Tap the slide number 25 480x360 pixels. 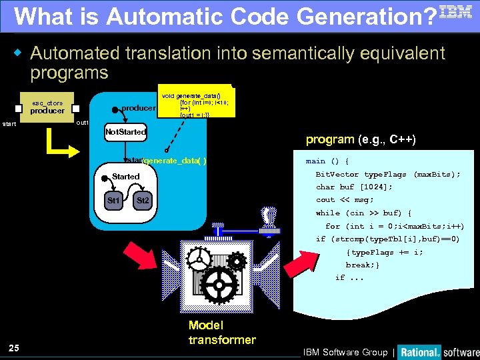[14, 347]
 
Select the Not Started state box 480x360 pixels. [125, 132]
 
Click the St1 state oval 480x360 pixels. [115, 200]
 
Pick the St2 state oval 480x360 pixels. [142, 200]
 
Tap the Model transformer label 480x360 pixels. [221, 333]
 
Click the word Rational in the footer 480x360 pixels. [419, 352]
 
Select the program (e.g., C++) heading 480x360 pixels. [361, 139]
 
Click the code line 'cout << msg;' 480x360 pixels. [345, 200]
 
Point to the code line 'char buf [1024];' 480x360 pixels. [354, 187]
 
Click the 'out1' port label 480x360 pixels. [83, 123]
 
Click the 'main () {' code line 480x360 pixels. [327, 161]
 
